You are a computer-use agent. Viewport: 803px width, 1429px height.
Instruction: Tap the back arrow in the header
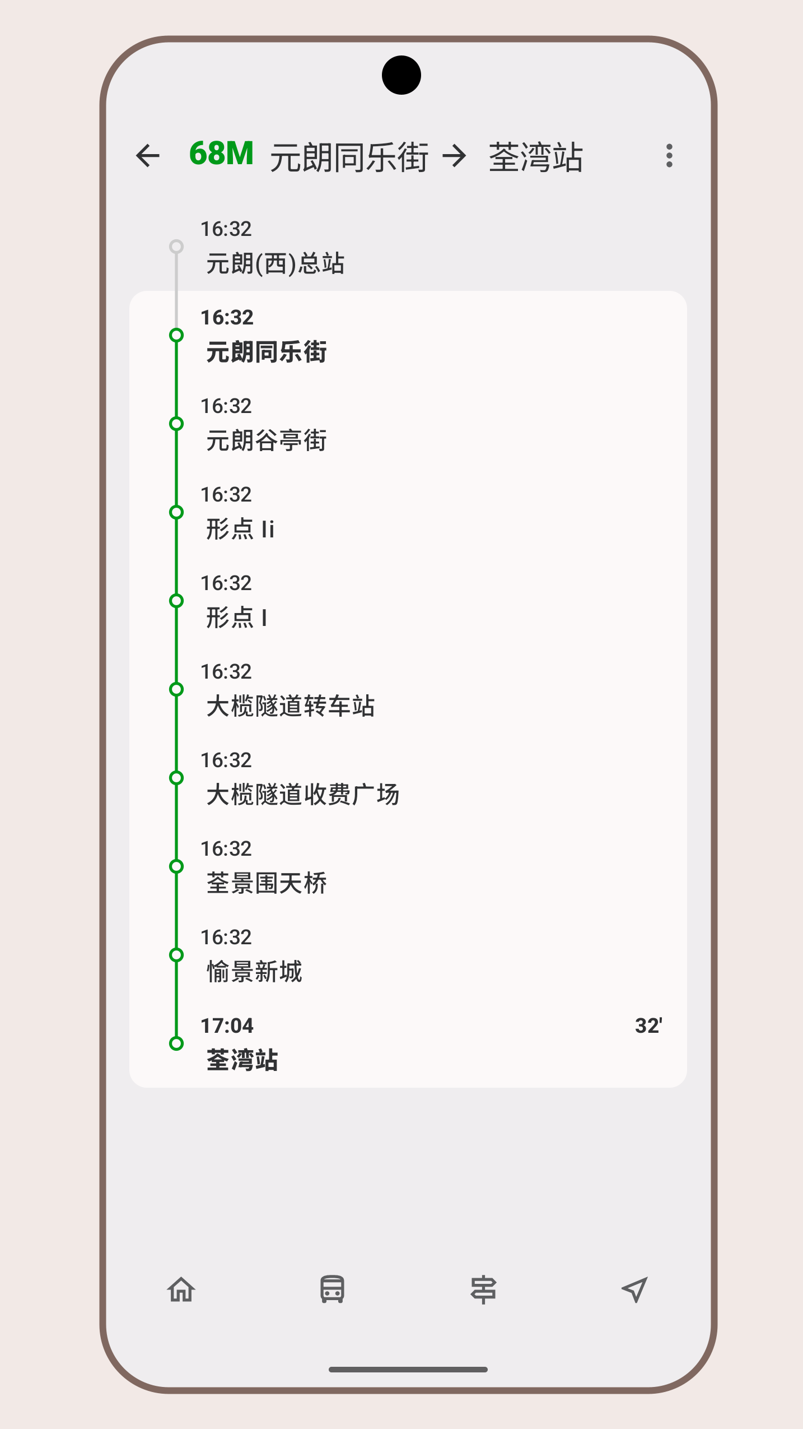pyautogui.click(x=148, y=156)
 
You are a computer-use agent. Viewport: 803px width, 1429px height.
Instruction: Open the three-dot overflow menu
pyautogui.click(x=669, y=156)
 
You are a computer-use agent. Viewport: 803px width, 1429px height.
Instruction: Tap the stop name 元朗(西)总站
pyautogui.click(x=275, y=263)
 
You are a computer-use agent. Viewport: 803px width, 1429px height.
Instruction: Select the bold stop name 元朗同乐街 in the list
pyautogui.click(x=267, y=352)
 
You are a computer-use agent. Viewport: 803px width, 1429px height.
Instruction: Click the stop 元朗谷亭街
pyautogui.click(x=267, y=440)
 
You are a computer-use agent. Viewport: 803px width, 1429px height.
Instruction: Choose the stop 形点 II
pyautogui.click(x=240, y=528)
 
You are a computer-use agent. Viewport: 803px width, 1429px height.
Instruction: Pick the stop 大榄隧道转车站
pyautogui.click(x=291, y=706)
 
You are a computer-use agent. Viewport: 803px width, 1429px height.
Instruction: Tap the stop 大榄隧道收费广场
pyautogui.click(x=303, y=794)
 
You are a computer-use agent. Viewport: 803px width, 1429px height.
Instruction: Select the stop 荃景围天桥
pyautogui.click(x=267, y=883)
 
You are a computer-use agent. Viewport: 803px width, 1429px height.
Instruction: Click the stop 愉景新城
pyautogui.click(x=254, y=971)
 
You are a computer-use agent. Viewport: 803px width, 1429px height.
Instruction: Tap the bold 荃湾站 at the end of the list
pyautogui.click(x=242, y=1060)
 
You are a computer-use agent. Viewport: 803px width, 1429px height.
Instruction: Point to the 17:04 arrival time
pyautogui.click(x=227, y=1026)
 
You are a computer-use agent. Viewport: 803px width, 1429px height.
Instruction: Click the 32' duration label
pyautogui.click(x=648, y=1026)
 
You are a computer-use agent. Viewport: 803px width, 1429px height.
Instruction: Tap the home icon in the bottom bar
pyautogui.click(x=181, y=1289)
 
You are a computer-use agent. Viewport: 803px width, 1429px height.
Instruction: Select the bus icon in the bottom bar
pyautogui.click(x=332, y=1289)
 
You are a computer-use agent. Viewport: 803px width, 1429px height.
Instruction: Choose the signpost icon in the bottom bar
pyautogui.click(x=483, y=1289)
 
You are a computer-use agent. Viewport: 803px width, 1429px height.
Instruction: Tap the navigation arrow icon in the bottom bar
pyautogui.click(x=634, y=1289)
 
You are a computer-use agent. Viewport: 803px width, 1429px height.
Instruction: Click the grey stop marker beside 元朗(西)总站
pyautogui.click(x=176, y=247)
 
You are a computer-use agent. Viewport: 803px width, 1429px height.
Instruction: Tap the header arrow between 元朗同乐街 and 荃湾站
pyautogui.click(x=454, y=156)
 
